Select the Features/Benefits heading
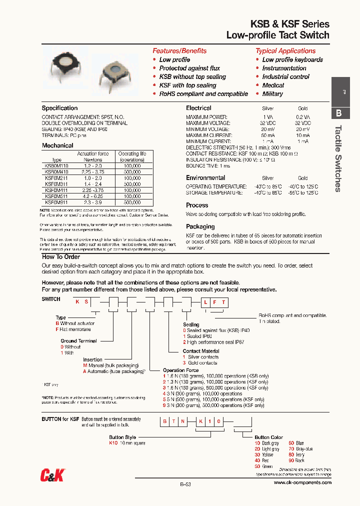pos(179,51)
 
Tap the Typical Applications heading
pos(285,51)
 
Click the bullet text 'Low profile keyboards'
pos(292,60)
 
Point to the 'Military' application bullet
pos(272,94)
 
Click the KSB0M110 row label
pos(56,165)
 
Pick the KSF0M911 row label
pos(56,202)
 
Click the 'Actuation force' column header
pos(92,154)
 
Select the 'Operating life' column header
pos(132,154)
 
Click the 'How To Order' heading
pos(61,257)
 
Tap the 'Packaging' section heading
pos(200,226)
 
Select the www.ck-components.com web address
pos(302,483)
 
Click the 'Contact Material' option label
pos(201,351)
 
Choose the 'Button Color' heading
pos(268,437)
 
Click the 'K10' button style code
pos(112,443)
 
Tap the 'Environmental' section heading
pos(205,178)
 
